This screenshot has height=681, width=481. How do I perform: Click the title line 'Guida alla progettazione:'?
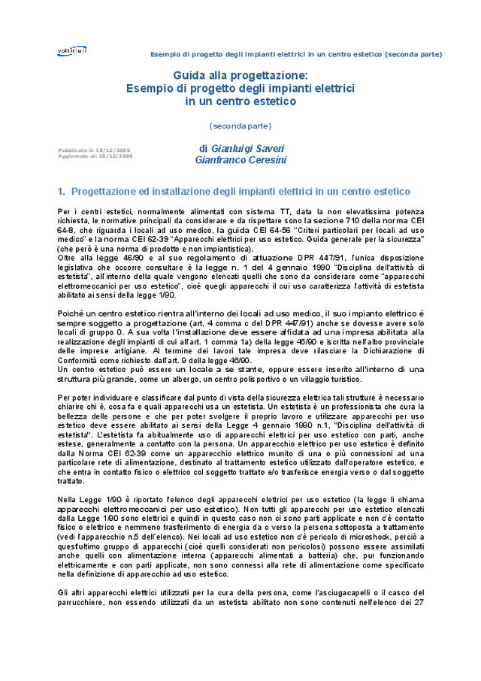coord(240,75)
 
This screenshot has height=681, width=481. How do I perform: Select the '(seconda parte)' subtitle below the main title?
coord(240,125)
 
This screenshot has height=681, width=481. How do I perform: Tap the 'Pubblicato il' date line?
coord(94,150)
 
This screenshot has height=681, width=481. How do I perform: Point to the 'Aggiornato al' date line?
coord(95,156)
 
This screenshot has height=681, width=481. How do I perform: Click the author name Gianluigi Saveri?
coord(236,149)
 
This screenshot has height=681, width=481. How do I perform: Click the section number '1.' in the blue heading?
coord(62,192)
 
